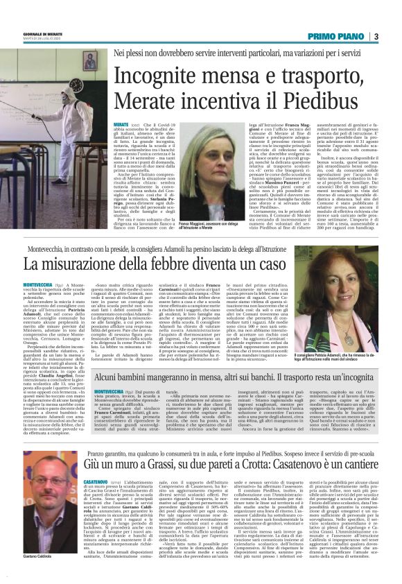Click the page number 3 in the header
[x=374, y=37]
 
